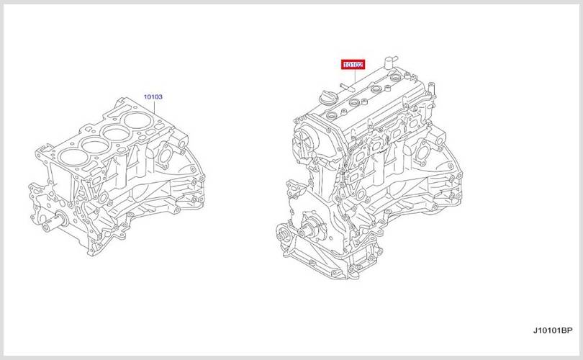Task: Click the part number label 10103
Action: (153, 96)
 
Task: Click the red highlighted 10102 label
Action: (353, 65)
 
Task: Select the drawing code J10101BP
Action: (553, 330)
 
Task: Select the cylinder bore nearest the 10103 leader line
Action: (136, 120)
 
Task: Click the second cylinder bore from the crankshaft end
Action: (95, 145)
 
